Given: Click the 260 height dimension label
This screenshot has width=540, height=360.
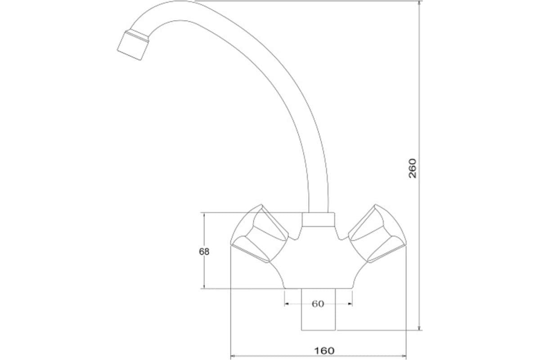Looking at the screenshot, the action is (x=413, y=168).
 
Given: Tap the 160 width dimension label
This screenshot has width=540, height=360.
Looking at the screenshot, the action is (x=324, y=351).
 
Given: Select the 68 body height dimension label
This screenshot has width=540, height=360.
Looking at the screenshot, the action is (x=204, y=252).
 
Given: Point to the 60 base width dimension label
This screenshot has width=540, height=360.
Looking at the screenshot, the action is (x=318, y=304).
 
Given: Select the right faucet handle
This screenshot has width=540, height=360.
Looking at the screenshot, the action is (x=377, y=234).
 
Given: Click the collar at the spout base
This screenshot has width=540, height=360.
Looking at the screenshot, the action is (x=318, y=220).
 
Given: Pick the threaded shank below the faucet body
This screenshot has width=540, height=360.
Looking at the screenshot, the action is (x=319, y=309).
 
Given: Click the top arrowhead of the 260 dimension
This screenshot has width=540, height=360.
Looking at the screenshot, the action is (x=420, y=2).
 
